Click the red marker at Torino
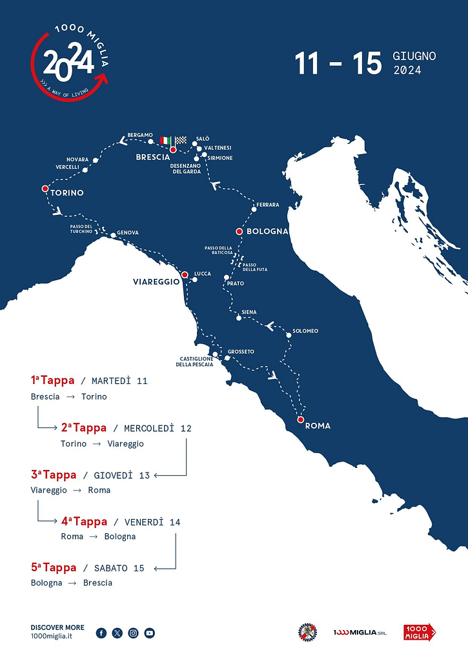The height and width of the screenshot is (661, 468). pyautogui.click(x=45, y=188)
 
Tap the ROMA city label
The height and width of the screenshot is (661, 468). pyautogui.click(x=318, y=425)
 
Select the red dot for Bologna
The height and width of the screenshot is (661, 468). pyautogui.click(x=239, y=231)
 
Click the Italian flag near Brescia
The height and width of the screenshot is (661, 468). pyautogui.click(x=166, y=140)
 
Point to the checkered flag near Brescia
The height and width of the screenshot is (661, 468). pyautogui.click(x=180, y=140)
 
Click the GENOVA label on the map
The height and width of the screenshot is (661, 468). pyautogui.click(x=128, y=232)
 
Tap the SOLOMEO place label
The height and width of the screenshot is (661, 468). pyautogui.click(x=305, y=331)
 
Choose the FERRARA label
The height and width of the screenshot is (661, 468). pyautogui.click(x=268, y=205)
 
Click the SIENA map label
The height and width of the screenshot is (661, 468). pyautogui.click(x=249, y=312)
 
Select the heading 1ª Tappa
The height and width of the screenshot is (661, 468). pyautogui.click(x=53, y=380)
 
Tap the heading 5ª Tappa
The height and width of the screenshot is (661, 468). pyautogui.click(x=54, y=567)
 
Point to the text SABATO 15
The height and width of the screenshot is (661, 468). pyautogui.click(x=119, y=568)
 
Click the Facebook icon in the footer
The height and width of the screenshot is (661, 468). pyautogui.click(x=101, y=633)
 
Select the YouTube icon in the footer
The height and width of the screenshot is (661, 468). pyautogui.click(x=150, y=633)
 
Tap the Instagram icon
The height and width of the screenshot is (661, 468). pyautogui.click(x=134, y=633)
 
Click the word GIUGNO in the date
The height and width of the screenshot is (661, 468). pyautogui.click(x=414, y=56)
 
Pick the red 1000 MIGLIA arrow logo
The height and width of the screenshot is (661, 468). pyautogui.click(x=420, y=632)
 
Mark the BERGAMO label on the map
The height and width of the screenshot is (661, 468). pyautogui.click(x=140, y=135)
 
